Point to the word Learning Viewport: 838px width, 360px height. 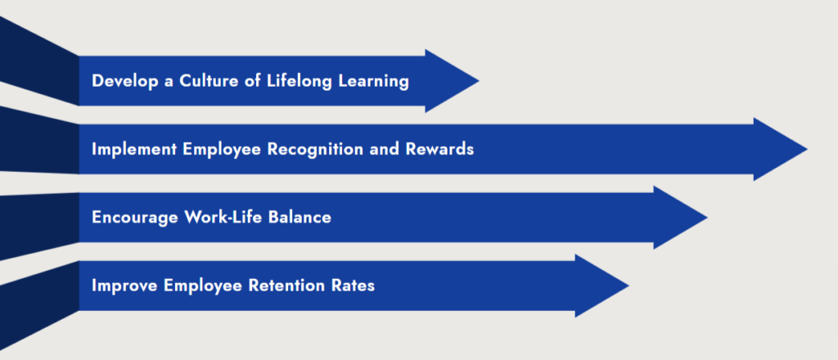(x=375, y=81)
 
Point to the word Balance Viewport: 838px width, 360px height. (x=301, y=218)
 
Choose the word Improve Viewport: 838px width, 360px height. (x=124, y=286)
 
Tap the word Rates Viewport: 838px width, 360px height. (x=354, y=286)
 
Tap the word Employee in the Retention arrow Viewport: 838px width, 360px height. (x=201, y=286)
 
